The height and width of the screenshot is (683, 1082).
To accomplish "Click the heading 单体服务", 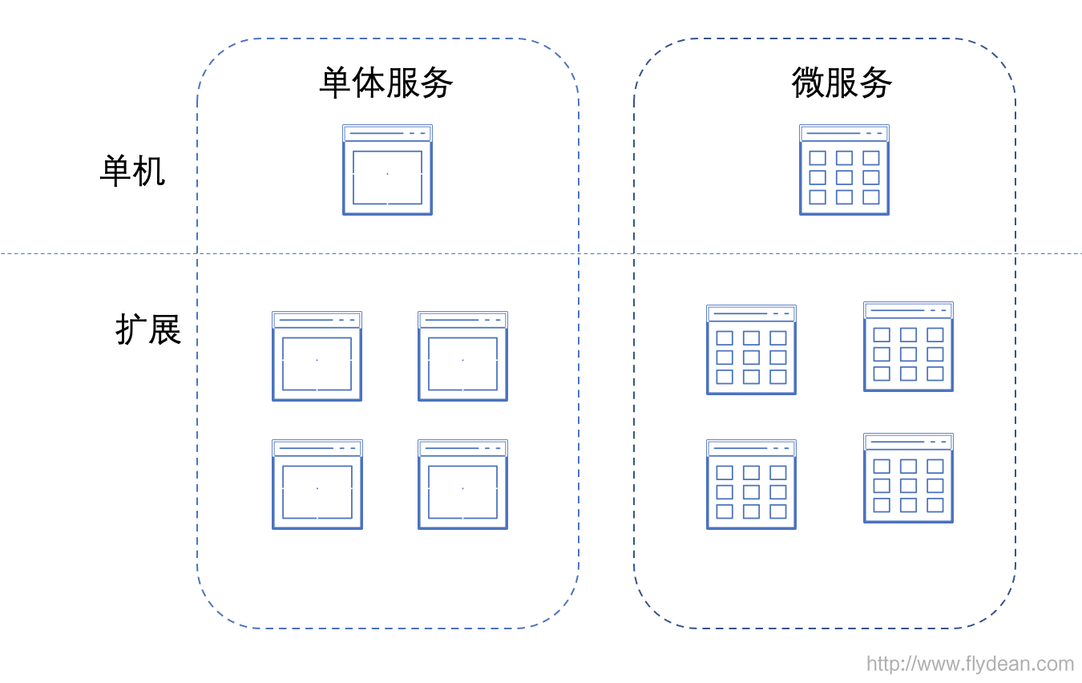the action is [386, 83].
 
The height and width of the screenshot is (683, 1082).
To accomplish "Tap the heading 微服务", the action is [842, 83].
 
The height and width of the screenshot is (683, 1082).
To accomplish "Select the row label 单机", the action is [132, 171].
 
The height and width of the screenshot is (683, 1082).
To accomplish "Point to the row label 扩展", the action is [148, 329].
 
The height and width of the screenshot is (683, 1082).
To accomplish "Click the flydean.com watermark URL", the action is [970, 664].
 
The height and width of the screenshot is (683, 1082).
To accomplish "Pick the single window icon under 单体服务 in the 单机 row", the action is [387, 169].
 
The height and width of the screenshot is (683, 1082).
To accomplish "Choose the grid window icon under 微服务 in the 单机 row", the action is [844, 169].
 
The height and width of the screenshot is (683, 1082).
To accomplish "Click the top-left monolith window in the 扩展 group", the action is [317, 356].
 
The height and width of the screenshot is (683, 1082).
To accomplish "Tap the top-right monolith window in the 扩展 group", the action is [462, 356].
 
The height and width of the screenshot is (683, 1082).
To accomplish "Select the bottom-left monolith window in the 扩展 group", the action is [317, 484].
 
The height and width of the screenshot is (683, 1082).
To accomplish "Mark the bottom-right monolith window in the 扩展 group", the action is [462, 484].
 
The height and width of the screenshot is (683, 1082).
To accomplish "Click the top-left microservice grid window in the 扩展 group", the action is [751, 350].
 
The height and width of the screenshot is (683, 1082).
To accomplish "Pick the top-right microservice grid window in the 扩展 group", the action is [909, 346].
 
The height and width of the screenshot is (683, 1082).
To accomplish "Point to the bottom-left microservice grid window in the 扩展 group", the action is [751, 484].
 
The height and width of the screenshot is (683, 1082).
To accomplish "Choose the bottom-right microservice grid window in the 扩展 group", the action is [909, 479].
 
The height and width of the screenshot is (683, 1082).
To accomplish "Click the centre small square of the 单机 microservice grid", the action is [844, 177].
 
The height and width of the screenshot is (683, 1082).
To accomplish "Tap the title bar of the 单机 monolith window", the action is [387, 133].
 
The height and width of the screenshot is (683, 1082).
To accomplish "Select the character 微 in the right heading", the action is [808, 83].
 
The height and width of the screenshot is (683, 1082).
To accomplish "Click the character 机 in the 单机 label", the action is [149, 171].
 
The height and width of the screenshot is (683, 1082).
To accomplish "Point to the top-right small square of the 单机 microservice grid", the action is [871, 158].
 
